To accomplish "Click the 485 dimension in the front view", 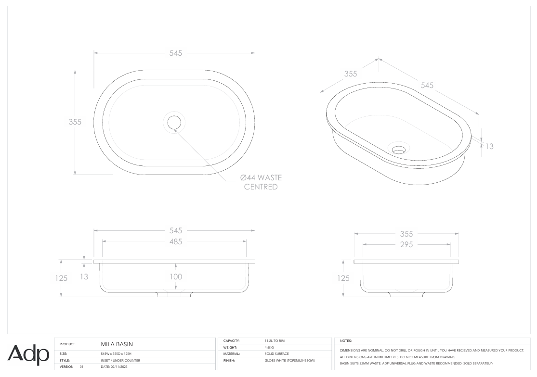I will click(x=175, y=242).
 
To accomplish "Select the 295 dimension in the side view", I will click(x=406, y=245).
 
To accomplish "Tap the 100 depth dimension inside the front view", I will click(x=176, y=276).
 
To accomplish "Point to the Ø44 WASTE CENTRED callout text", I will click(x=261, y=182).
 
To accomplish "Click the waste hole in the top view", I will click(x=174, y=122).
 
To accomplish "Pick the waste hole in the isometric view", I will click(x=399, y=150).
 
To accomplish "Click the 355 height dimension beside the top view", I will click(x=75, y=122).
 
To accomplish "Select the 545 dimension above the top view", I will click(x=175, y=53).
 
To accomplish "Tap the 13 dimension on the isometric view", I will click(x=489, y=146).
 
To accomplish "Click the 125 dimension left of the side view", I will click(x=343, y=278).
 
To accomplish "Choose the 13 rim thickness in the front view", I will click(x=84, y=277).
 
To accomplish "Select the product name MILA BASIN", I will click(x=117, y=344).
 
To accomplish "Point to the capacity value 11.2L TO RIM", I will click(x=275, y=340).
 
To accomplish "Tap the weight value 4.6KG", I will click(x=269, y=347).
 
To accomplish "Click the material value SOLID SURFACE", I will click(x=276, y=353).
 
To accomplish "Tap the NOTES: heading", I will click(x=346, y=340).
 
